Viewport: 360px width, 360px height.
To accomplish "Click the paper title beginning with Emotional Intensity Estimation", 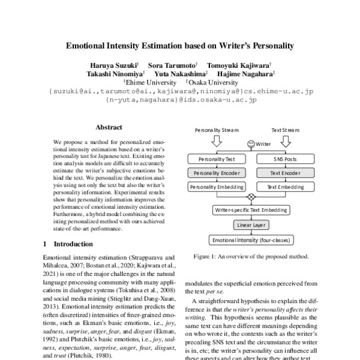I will pyautogui.click(x=180, y=45).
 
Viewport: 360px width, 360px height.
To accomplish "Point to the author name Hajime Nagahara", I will pyautogui.click(x=248, y=74).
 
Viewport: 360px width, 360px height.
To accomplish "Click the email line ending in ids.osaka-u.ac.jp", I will pyautogui.click(x=181, y=101).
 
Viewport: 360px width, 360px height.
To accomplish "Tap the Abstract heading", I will pyautogui.click(x=109, y=127).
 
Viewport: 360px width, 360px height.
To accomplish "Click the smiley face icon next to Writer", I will pyautogui.click(x=250, y=144).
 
